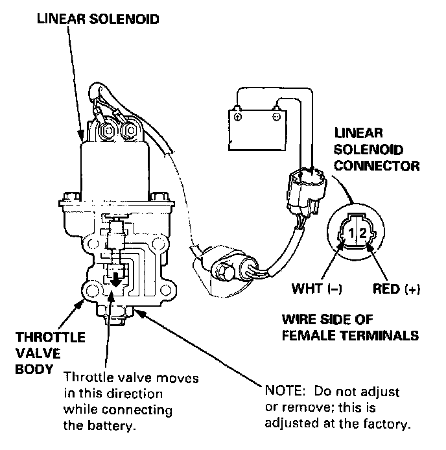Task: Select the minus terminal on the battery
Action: pos(277,117)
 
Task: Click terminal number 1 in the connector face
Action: pos(349,233)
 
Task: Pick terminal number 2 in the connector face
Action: pos(363,233)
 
